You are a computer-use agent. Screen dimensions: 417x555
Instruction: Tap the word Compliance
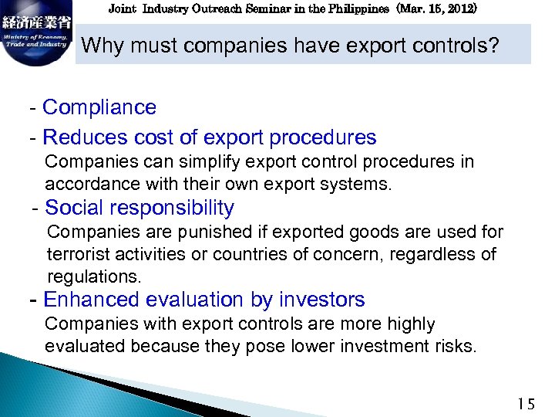[99, 107]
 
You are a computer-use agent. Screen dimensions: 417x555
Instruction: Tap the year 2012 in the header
[460, 9]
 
